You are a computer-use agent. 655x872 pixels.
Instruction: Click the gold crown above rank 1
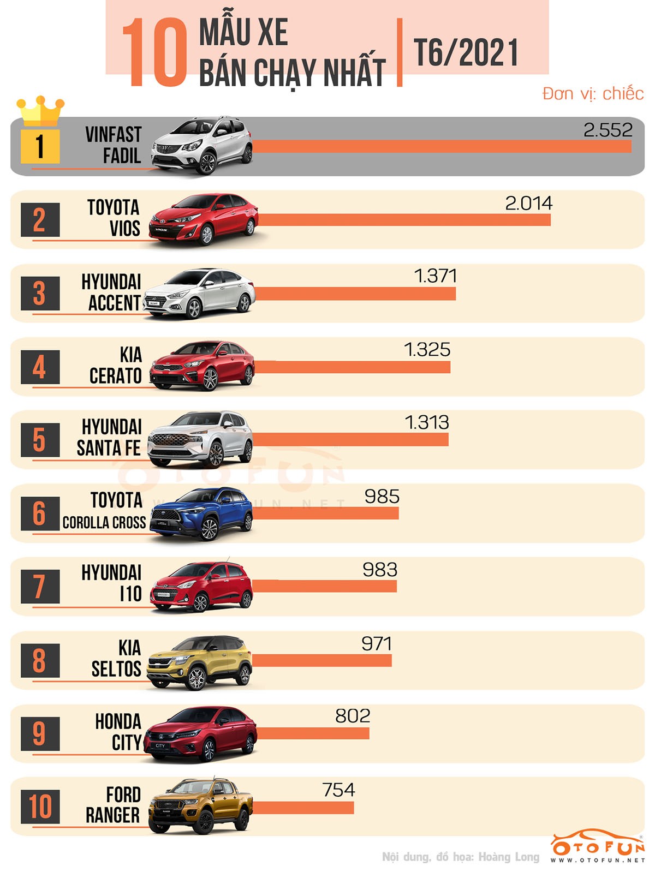(40, 111)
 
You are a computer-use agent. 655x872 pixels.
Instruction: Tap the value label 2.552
(608, 130)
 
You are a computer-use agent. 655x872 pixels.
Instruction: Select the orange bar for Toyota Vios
(404, 219)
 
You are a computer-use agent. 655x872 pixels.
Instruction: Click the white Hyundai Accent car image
(199, 293)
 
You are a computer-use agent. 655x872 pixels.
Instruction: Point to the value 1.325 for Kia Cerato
(427, 350)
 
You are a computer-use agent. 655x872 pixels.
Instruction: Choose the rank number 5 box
(40, 440)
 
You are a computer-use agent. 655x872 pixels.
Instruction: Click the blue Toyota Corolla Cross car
(202, 513)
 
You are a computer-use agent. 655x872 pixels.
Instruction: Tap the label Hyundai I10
(112, 583)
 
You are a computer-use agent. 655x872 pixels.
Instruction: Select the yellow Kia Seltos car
(200, 661)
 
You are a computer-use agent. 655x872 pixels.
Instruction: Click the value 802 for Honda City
(353, 716)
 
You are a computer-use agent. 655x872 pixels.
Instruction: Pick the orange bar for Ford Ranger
(303, 807)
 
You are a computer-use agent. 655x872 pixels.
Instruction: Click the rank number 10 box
(40, 807)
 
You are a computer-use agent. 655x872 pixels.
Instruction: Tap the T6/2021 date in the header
(466, 52)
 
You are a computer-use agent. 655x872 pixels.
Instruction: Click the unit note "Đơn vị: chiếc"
(593, 94)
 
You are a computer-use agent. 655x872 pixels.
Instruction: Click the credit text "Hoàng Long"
(508, 857)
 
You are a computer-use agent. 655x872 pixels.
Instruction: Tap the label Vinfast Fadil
(114, 145)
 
